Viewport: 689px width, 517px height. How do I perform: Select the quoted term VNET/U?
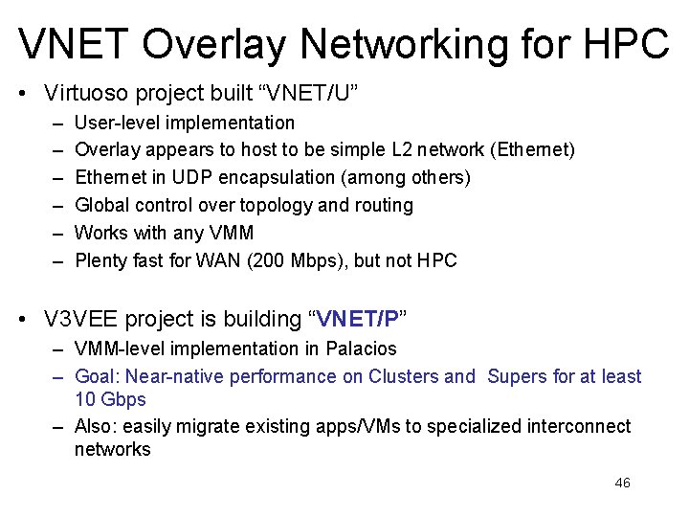click(x=314, y=94)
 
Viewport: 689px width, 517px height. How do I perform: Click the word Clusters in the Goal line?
click(x=403, y=376)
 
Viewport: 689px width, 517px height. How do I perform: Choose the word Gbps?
click(x=125, y=398)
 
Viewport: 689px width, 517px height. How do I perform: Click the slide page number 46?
click(x=622, y=483)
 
